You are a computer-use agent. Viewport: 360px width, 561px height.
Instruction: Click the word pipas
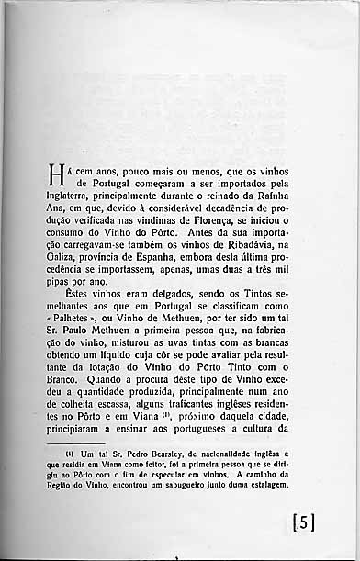(x=67, y=283)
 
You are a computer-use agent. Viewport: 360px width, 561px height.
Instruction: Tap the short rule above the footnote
(x=80, y=443)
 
